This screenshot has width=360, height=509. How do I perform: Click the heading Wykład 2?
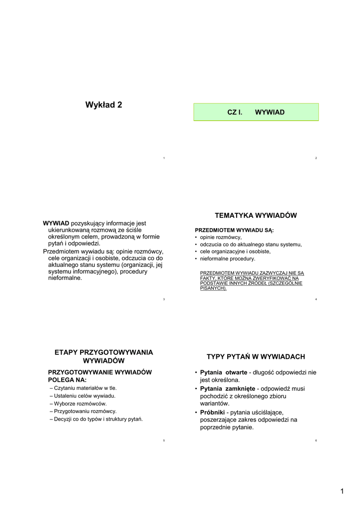(x=103, y=104)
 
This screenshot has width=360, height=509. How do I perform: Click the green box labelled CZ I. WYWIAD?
(x=256, y=112)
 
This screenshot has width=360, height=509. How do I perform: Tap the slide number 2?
(x=316, y=158)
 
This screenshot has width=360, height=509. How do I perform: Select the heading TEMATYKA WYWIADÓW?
(x=256, y=215)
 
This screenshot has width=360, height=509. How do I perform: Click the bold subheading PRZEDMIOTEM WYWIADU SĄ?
(x=234, y=230)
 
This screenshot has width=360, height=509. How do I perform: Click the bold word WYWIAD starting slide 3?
(x=56, y=223)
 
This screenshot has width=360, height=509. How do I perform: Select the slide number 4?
(x=316, y=299)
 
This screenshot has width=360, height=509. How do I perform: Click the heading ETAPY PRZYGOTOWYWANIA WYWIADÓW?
(x=103, y=356)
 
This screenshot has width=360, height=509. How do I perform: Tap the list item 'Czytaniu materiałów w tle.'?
(x=85, y=388)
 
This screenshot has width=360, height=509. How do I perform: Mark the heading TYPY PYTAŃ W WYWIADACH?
(x=256, y=357)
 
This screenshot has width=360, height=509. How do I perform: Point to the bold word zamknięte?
(x=240, y=388)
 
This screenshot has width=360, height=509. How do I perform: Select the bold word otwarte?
(x=236, y=372)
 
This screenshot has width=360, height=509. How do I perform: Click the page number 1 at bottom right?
(x=342, y=492)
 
